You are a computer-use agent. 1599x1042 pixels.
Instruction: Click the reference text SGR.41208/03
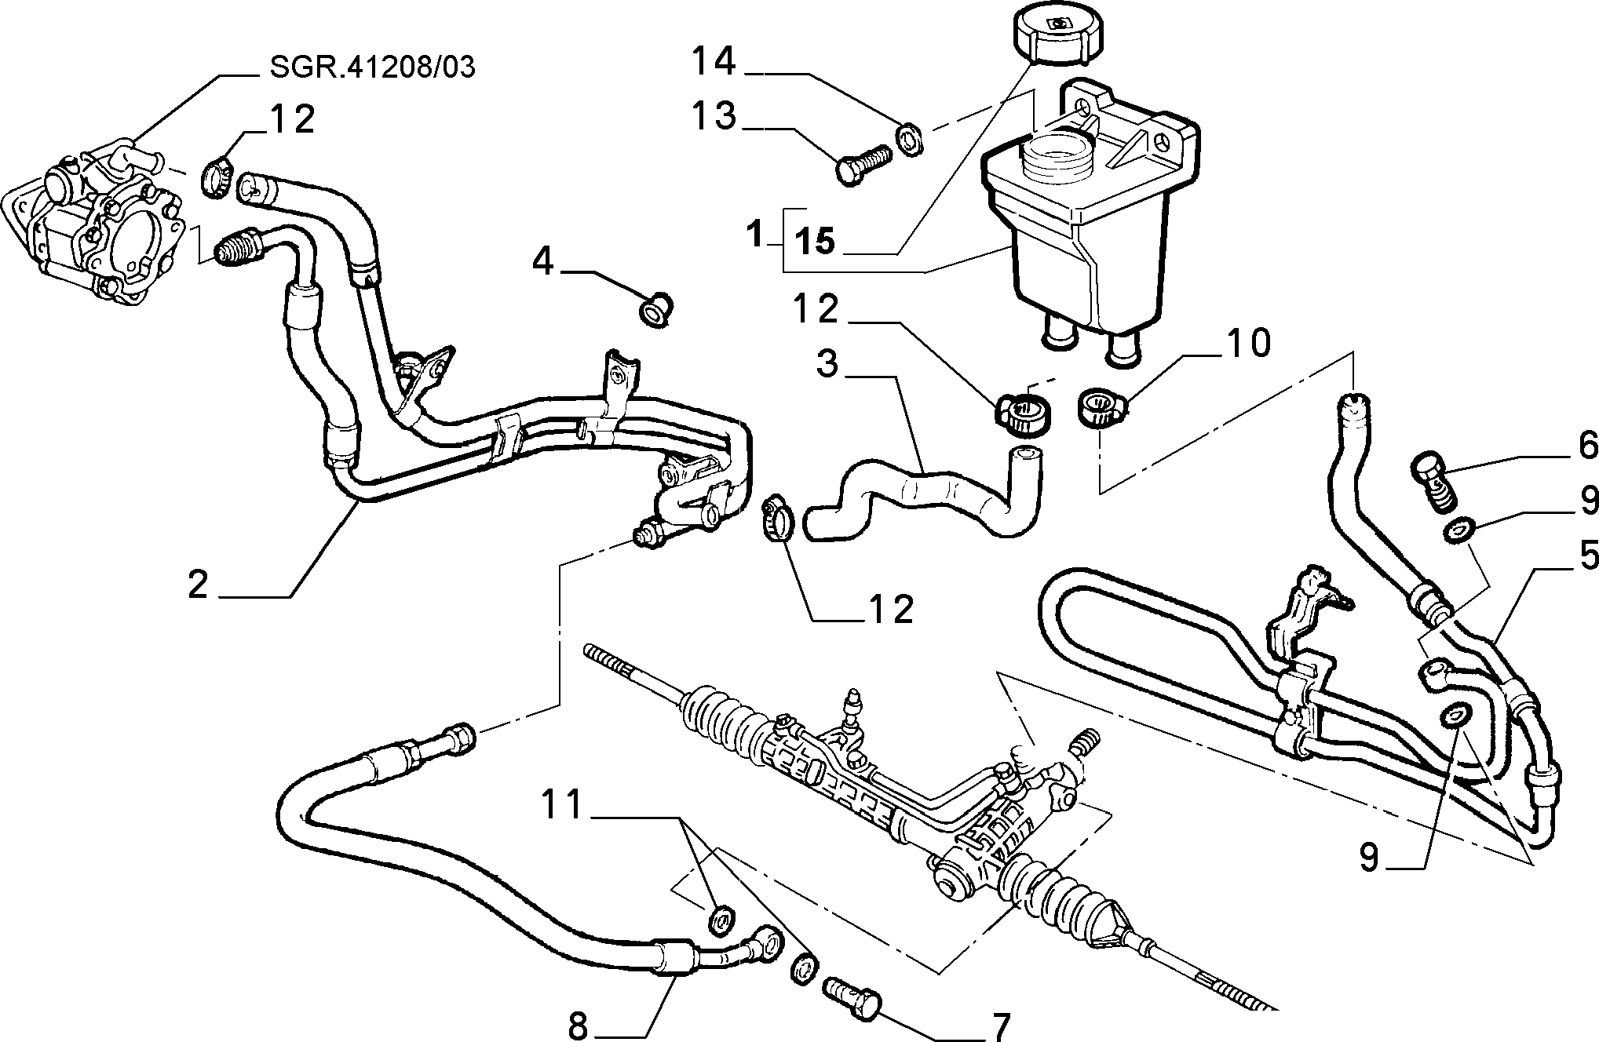[372, 67]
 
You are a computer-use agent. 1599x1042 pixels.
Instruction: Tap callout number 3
[827, 364]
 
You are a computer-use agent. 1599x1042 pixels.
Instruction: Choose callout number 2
[198, 585]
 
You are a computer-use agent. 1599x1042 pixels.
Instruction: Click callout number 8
[579, 1025]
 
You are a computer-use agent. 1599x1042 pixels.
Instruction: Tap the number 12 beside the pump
[292, 119]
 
